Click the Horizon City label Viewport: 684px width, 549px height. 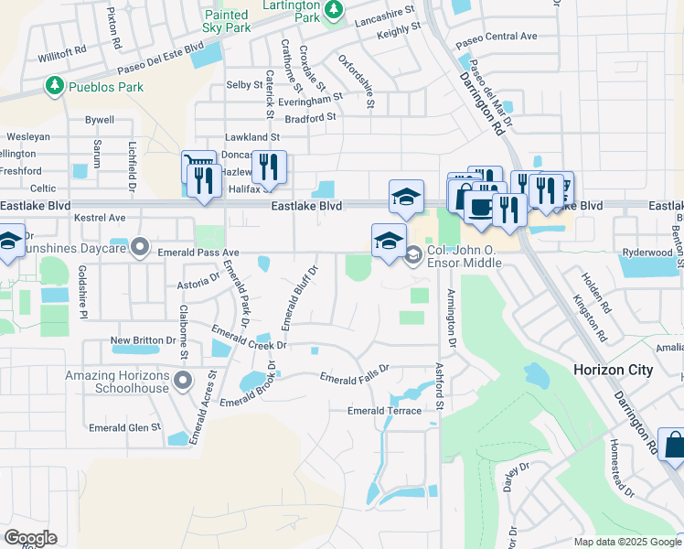[x=613, y=370]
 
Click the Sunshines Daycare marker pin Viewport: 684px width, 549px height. [x=139, y=246]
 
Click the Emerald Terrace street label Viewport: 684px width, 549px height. [x=384, y=411]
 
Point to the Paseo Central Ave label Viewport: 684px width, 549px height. [x=496, y=37]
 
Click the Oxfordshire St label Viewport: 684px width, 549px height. [x=357, y=81]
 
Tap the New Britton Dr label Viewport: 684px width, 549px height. [x=143, y=340]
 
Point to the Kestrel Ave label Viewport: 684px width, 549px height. [x=102, y=218]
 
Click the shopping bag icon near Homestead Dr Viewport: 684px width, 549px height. [x=672, y=446]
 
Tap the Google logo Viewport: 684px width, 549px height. [x=29, y=538]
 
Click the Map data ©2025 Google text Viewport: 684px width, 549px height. [x=626, y=542]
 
